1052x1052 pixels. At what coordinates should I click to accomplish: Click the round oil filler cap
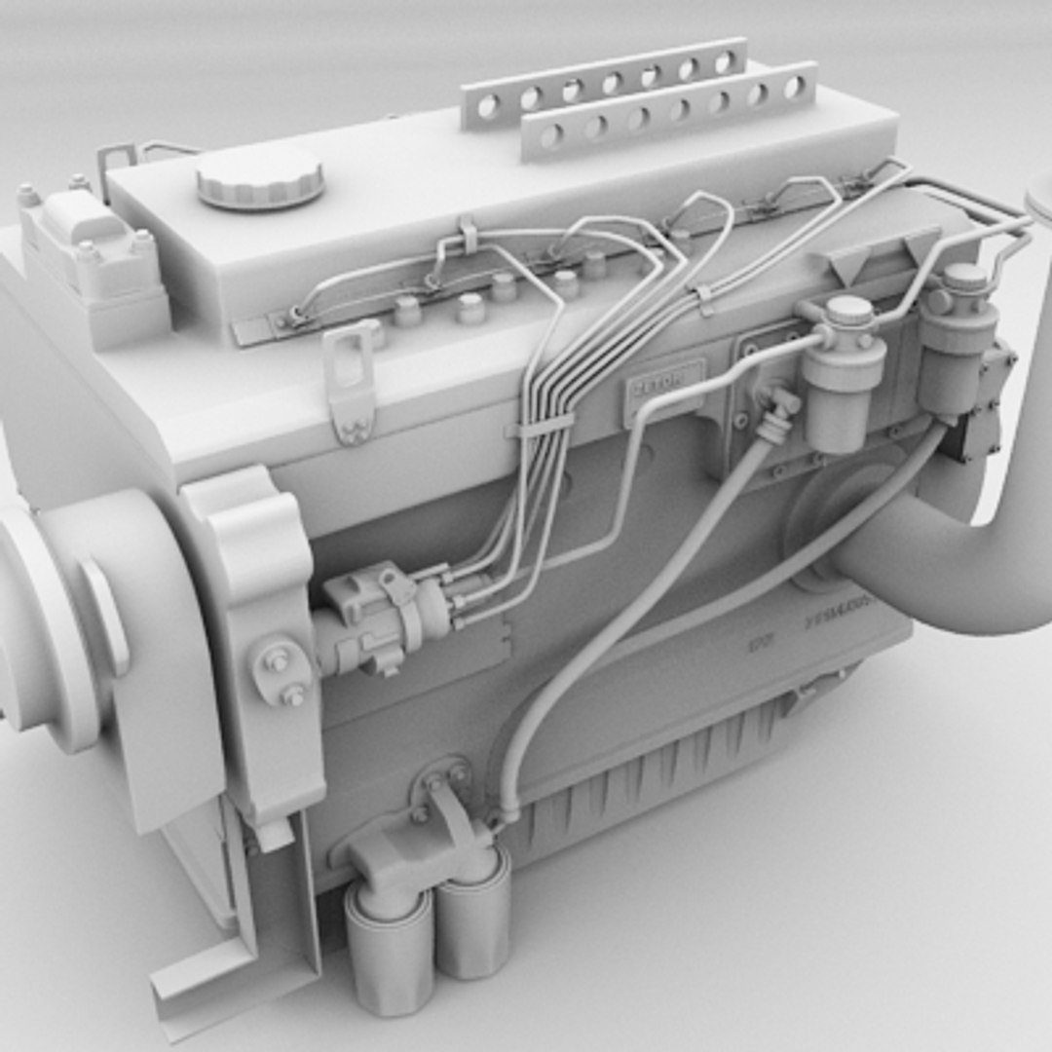(259, 179)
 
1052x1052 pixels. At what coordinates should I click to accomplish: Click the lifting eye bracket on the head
(352, 379)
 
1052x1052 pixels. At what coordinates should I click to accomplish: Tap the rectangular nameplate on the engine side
(664, 384)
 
